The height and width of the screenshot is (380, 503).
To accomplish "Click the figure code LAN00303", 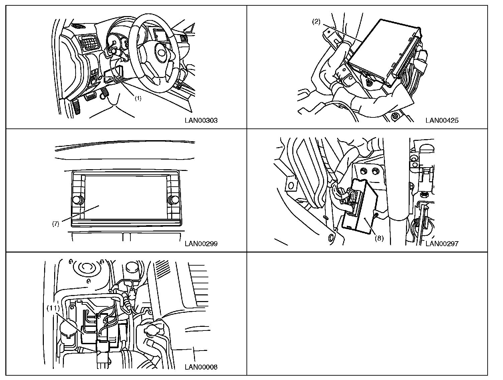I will pos(201,120).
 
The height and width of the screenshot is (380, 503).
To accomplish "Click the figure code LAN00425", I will pos(442,120).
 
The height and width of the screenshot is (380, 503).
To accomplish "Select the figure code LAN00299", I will pos(201,244).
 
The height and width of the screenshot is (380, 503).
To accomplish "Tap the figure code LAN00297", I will pos(442,244).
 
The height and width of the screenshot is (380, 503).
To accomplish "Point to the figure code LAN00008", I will pos(201,367).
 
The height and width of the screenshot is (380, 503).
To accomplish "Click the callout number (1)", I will pos(138,99).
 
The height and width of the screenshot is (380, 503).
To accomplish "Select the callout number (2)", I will pos(316,22).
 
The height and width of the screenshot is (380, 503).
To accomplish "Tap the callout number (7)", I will pos(56,224).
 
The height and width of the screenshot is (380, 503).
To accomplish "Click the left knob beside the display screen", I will pos(78,200).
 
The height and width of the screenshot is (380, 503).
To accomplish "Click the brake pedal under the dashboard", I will pos(91,97).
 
